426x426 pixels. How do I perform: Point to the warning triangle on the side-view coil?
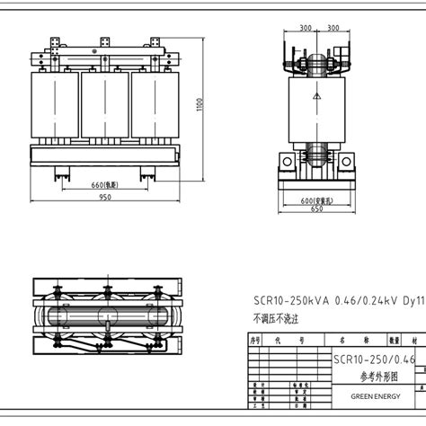click(316, 94)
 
